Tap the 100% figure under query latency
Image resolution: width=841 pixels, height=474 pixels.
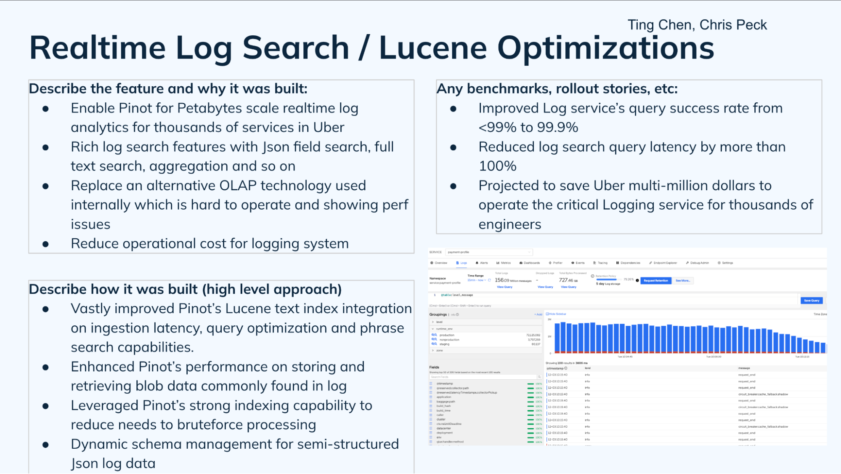[497, 166]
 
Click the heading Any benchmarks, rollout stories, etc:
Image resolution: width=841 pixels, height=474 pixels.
[557, 89]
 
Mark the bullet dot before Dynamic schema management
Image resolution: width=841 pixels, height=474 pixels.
[45, 445]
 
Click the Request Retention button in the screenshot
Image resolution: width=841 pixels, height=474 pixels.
[655, 281]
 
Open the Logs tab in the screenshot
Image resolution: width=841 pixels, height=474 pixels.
[462, 263]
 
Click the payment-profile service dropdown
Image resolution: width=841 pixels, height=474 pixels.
[488, 252]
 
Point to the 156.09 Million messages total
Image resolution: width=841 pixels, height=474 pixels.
[513, 280]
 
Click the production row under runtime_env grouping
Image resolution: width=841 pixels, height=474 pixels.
[447, 335]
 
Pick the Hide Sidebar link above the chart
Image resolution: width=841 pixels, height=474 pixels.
[557, 314]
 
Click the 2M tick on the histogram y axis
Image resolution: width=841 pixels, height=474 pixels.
[549, 320]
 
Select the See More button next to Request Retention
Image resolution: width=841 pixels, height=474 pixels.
[682, 281]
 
